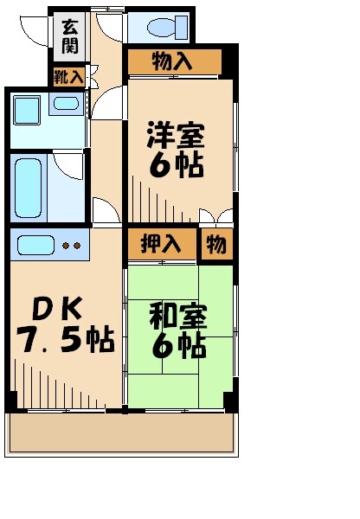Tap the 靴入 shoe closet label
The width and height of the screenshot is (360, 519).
69,77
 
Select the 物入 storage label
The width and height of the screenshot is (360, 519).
173,61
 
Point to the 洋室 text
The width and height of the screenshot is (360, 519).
177,136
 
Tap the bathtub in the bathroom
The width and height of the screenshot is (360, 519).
30,188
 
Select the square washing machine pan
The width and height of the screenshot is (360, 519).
27,111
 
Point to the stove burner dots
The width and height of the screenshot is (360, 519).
71,246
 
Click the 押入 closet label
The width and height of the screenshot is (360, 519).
161,245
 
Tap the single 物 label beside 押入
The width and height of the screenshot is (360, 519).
215,245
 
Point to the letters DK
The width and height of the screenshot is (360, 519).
58,309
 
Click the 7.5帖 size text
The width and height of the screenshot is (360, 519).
65,340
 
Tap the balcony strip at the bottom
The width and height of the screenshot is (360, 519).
121,432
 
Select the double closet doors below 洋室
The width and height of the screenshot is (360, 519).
215,216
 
